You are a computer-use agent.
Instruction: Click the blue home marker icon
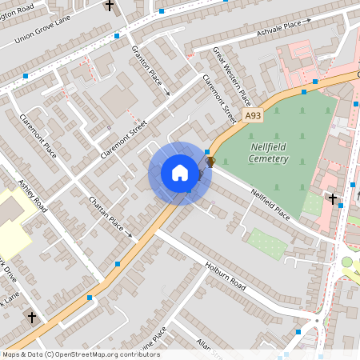click(180, 173)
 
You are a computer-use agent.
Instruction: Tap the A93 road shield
click(253, 116)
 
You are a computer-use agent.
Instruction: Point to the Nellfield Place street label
click(270, 204)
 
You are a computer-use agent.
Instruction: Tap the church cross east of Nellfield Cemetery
click(332, 198)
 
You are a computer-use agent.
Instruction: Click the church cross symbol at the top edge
click(110, 6)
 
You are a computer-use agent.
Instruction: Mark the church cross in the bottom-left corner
click(33, 318)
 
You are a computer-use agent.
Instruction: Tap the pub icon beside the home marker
click(210, 162)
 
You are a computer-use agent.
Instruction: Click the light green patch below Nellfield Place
click(266, 244)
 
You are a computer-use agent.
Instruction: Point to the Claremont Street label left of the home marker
click(124, 138)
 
